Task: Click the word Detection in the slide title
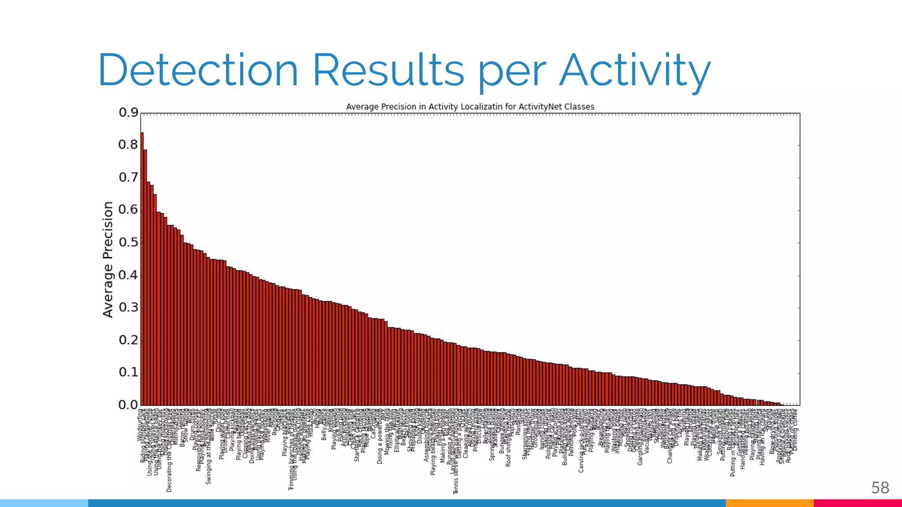[198, 70]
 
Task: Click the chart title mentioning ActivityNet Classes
[470, 107]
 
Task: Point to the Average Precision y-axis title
[108, 259]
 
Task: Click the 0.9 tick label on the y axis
[128, 113]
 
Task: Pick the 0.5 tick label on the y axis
[128, 242]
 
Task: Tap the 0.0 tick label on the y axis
[128, 405]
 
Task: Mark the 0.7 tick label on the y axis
[128, 177]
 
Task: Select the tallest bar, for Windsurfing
[142, 268]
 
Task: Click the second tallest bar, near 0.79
[145, 277]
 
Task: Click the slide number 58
[880, 488]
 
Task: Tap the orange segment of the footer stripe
[769, 503]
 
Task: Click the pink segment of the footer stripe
[857, 503]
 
